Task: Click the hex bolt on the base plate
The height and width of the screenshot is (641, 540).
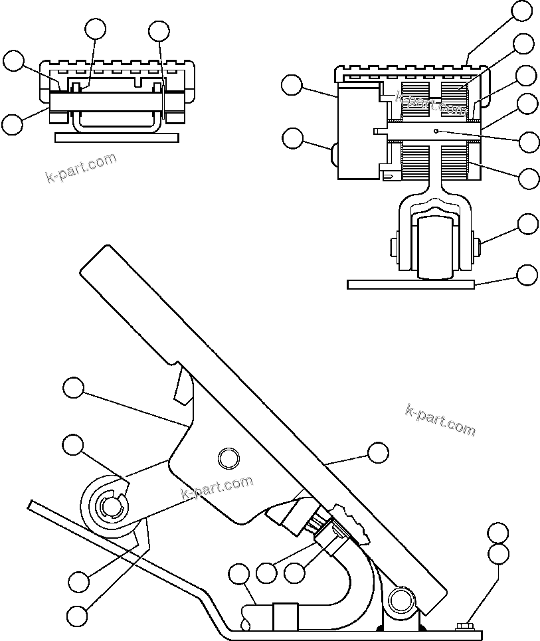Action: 465,624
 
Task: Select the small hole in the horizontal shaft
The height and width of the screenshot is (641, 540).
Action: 436,131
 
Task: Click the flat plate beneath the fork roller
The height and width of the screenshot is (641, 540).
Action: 410,284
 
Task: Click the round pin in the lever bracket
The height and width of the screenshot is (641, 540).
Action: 228,457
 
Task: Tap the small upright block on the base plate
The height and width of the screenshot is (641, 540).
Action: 284,616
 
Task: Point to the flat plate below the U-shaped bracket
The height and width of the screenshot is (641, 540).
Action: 117,137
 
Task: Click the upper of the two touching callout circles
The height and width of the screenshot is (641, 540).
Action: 497,533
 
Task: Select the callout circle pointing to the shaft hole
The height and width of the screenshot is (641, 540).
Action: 529,141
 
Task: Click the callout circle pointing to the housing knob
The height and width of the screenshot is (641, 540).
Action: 292,138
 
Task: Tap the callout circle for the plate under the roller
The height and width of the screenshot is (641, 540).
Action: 527,274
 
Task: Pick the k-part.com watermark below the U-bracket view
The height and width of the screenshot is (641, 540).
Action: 80,167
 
